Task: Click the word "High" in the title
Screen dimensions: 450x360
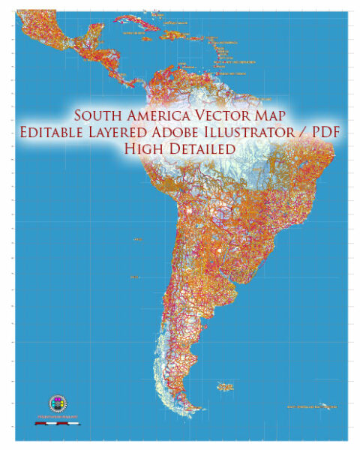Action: click(x=144, y=149)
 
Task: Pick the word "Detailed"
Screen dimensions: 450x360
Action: click(x=199, y=149)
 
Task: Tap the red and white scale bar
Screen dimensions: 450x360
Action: click(x=58, y=424)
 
